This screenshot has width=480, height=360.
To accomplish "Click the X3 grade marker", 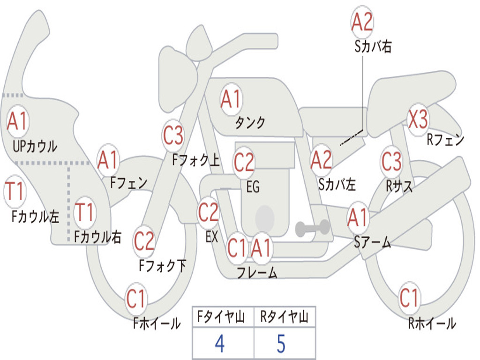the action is [x=418, y=120].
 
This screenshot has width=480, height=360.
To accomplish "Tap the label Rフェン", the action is [x=445, y=140].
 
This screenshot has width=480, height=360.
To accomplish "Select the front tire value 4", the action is [x=220, y=344].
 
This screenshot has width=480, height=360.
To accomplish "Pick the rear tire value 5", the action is [x=281, y=344].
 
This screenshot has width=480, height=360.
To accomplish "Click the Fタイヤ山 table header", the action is [x=221, y=317].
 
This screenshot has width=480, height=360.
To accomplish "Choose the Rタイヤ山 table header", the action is [x=284, y=317].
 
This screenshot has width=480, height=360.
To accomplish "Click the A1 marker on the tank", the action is [x=231, y=99].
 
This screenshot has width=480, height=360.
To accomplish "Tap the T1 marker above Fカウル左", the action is [x=15, y=191].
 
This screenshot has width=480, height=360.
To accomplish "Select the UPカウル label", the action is [x=35, y=146].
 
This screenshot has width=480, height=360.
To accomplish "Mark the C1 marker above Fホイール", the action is [x=136, y=299].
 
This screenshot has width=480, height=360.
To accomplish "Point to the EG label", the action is [x=253, y=187].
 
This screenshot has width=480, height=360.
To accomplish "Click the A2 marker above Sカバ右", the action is [x=362, y=22].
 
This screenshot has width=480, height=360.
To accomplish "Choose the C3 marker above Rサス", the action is [x=391, y=161].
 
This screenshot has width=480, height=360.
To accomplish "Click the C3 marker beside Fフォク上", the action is [x=173, y=135].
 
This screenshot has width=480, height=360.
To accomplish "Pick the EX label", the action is [x=211, y=237].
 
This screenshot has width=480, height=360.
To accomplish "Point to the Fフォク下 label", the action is [x=163, y=265].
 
